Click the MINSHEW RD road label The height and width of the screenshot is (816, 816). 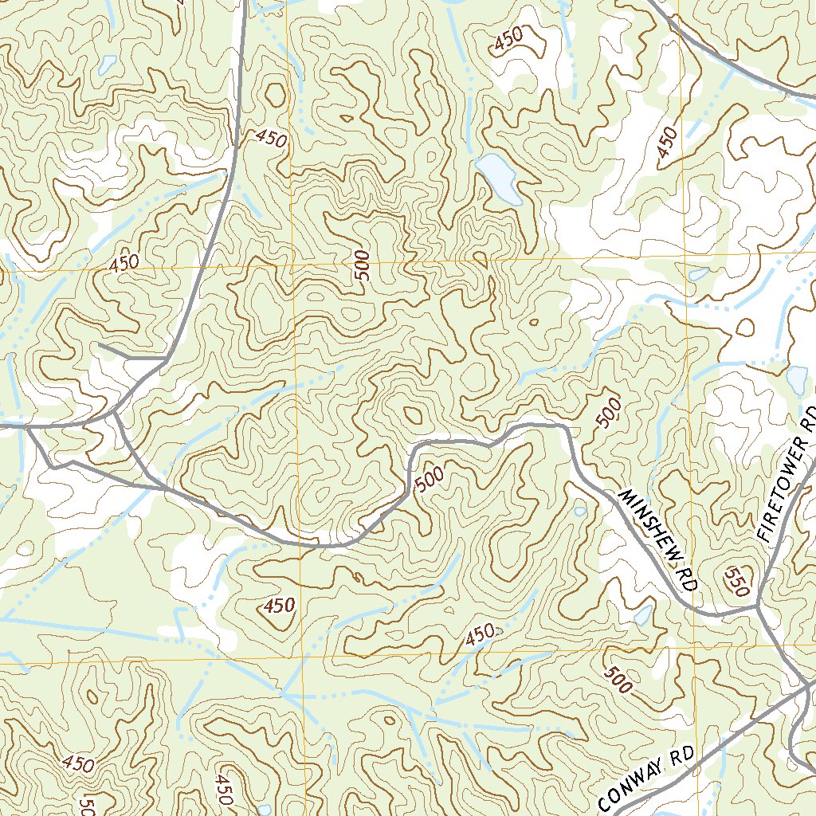pyautogui.click(x=658, y=539)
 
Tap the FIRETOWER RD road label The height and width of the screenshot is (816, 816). pyautogui.click(x=788, y=476)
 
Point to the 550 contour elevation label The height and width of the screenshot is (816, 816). pyautogui.click(x=736, y=582)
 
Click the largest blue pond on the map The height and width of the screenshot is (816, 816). pyautogui.click(x=498, y=178)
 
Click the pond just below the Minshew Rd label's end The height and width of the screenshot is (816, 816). pyautogui.click(x=642, y=614)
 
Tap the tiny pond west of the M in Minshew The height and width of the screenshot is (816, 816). pyautogui.click(x=579, y=510)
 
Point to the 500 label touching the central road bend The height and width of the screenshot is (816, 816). pyautogui.click(x=429, y=478)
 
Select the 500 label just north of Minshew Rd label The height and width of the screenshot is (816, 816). pyautogui.click(x=608, y=414)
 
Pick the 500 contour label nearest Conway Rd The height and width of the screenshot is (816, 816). pyautogui.click(x=618, y=678)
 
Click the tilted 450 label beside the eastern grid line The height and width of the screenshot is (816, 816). pyautogui.click(x=668, y=143)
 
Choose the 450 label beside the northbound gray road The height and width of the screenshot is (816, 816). pyautogui.click(x=271, y=139)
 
